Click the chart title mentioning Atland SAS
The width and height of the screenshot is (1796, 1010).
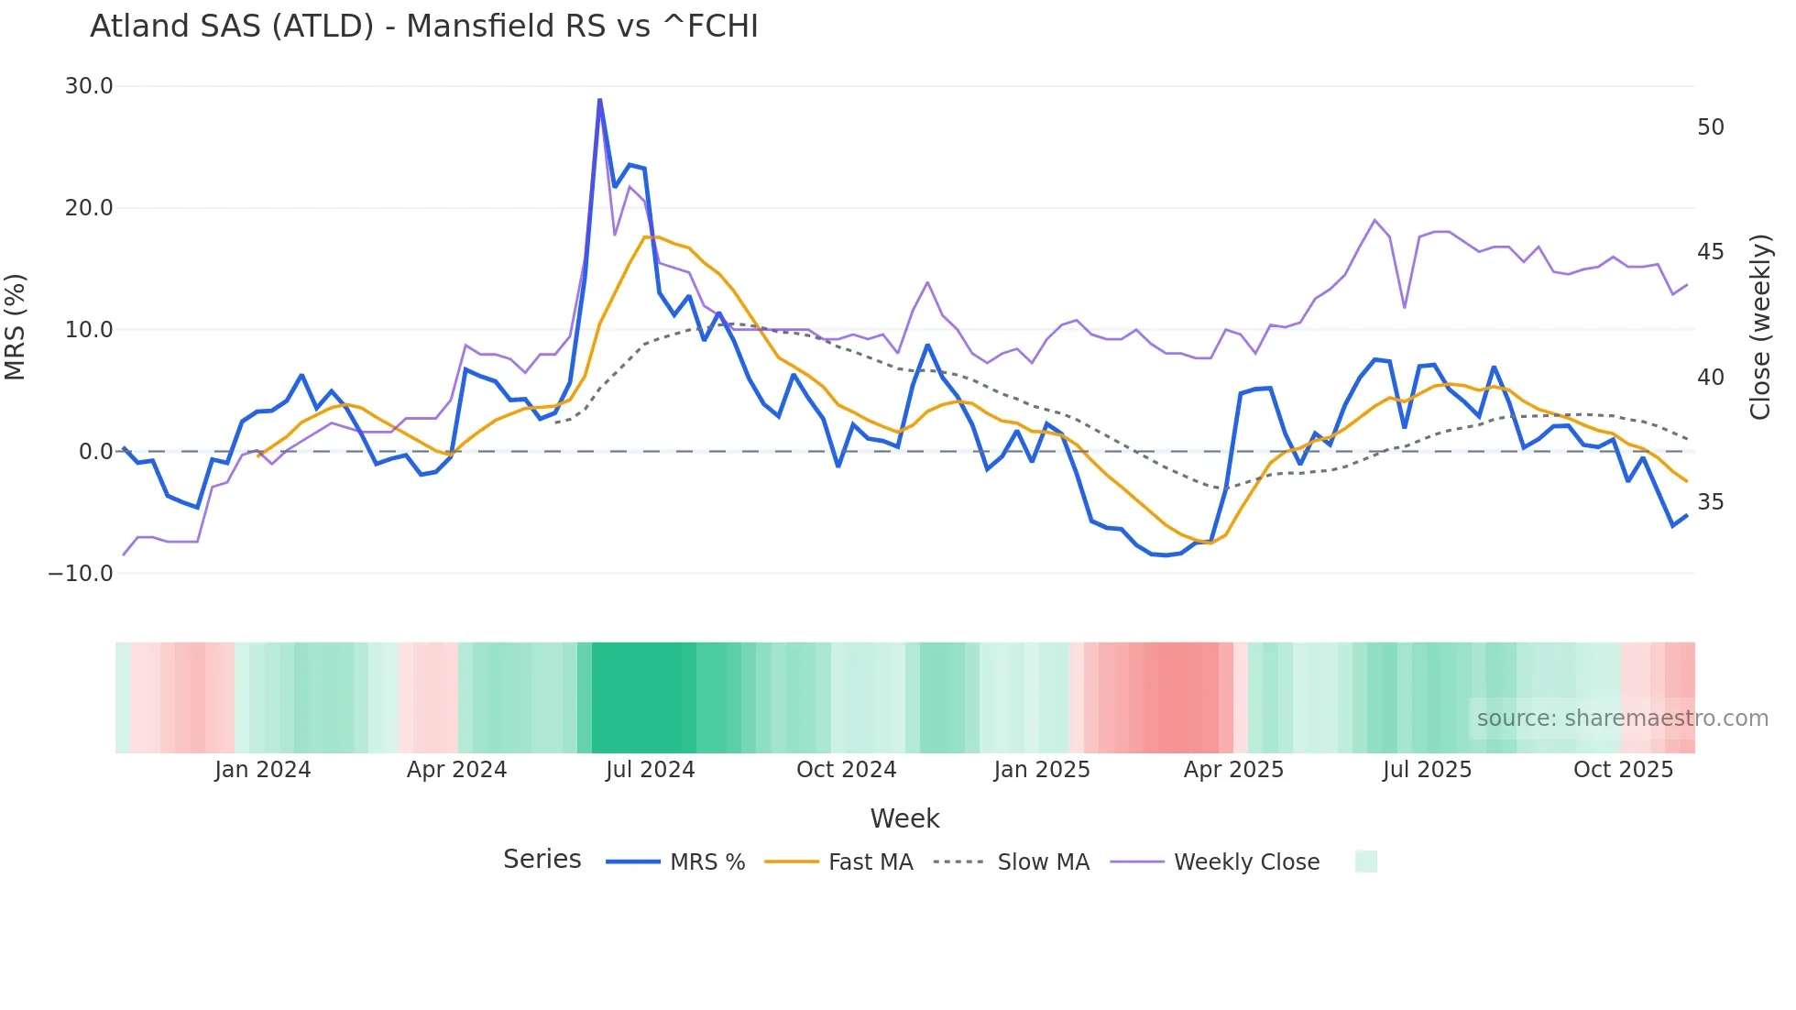click(423, 27)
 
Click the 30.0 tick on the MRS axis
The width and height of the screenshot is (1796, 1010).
click(89, 86)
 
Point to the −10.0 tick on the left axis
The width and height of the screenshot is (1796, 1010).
click(81, 574)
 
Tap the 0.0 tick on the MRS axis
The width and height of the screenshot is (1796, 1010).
click(96, 452)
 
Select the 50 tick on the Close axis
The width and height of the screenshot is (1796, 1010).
click(1711, 127)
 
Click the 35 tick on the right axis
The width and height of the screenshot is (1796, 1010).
click(1711, 502)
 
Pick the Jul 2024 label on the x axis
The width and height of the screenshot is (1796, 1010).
click(650, 770)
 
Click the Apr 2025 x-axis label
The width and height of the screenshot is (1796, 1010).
click(1233, 770)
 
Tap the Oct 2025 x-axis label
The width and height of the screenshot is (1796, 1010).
click(1623, 770)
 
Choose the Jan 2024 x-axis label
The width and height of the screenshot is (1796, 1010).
click(263, 770)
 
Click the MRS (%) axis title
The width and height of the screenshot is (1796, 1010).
click(16, 327)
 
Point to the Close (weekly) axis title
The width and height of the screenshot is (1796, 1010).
click(1760, 327)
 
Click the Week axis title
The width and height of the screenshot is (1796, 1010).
click(904, 818)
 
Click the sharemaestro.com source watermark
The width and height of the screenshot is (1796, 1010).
click(1622, 719)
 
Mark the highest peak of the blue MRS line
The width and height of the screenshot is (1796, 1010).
click(600, 100)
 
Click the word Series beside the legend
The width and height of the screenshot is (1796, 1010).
click(542, 860)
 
